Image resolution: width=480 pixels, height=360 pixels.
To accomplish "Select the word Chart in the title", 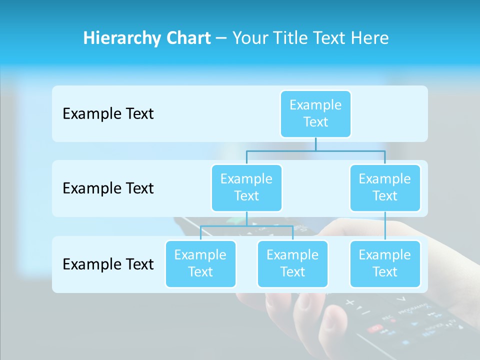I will coord(187,38).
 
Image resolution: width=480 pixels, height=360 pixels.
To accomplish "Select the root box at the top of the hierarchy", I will coord(315,113).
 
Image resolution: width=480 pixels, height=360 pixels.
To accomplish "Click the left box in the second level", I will coord(246,187).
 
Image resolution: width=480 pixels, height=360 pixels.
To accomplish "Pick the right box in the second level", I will coord(385,187).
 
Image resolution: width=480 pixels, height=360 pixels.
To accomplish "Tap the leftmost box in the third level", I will coord(200,263).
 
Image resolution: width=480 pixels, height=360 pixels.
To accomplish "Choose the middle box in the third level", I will coord(292,263).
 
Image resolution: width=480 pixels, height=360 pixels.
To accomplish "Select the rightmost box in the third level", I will coord(385,263).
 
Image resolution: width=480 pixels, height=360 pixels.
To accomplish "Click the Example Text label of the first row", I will coord(108,114).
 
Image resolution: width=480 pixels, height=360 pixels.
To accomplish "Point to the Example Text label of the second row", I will coord(108,188).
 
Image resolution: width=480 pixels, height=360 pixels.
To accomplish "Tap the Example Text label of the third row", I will coord(108,264).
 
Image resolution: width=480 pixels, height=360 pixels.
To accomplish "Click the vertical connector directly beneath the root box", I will coord(315,144).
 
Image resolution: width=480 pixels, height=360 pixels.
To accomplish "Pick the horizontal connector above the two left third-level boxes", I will coord(246,226).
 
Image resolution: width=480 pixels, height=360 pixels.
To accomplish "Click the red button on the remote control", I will coord(374,328).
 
